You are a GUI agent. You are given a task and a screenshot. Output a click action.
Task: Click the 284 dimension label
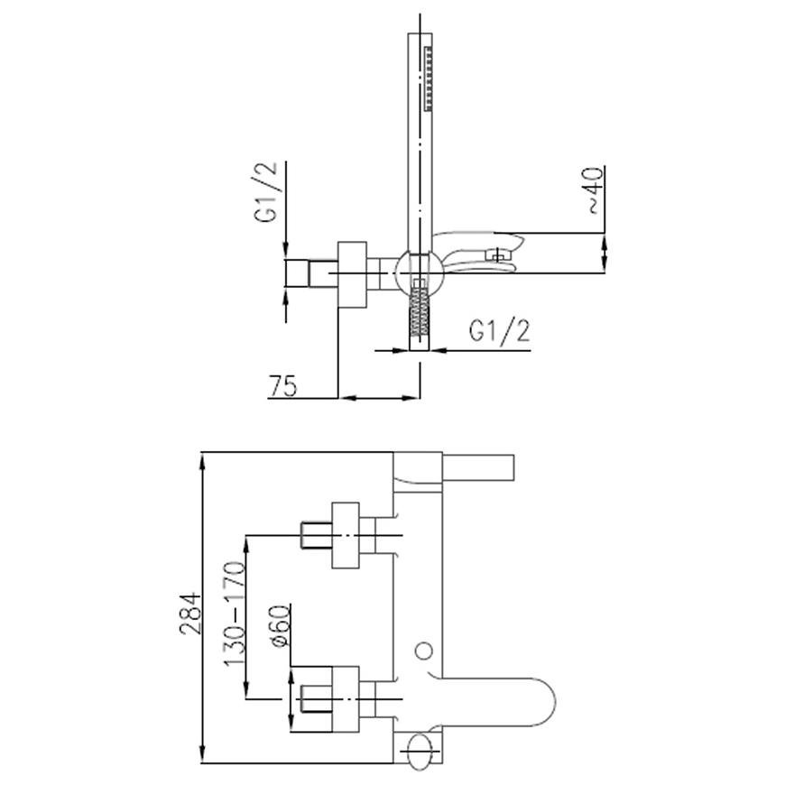[190, 614]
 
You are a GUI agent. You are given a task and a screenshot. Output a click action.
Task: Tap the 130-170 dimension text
[235, 614]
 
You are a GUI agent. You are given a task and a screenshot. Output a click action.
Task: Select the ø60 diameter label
[280, 626]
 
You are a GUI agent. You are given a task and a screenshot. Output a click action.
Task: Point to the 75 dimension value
[283, 385]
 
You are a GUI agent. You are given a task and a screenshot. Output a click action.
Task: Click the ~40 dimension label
[595, 190]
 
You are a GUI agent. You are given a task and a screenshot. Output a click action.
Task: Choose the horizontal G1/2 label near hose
[499, 330]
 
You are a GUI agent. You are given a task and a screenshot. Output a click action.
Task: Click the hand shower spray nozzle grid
[428, 78]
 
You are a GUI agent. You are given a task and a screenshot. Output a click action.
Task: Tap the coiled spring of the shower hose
[420, 311]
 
